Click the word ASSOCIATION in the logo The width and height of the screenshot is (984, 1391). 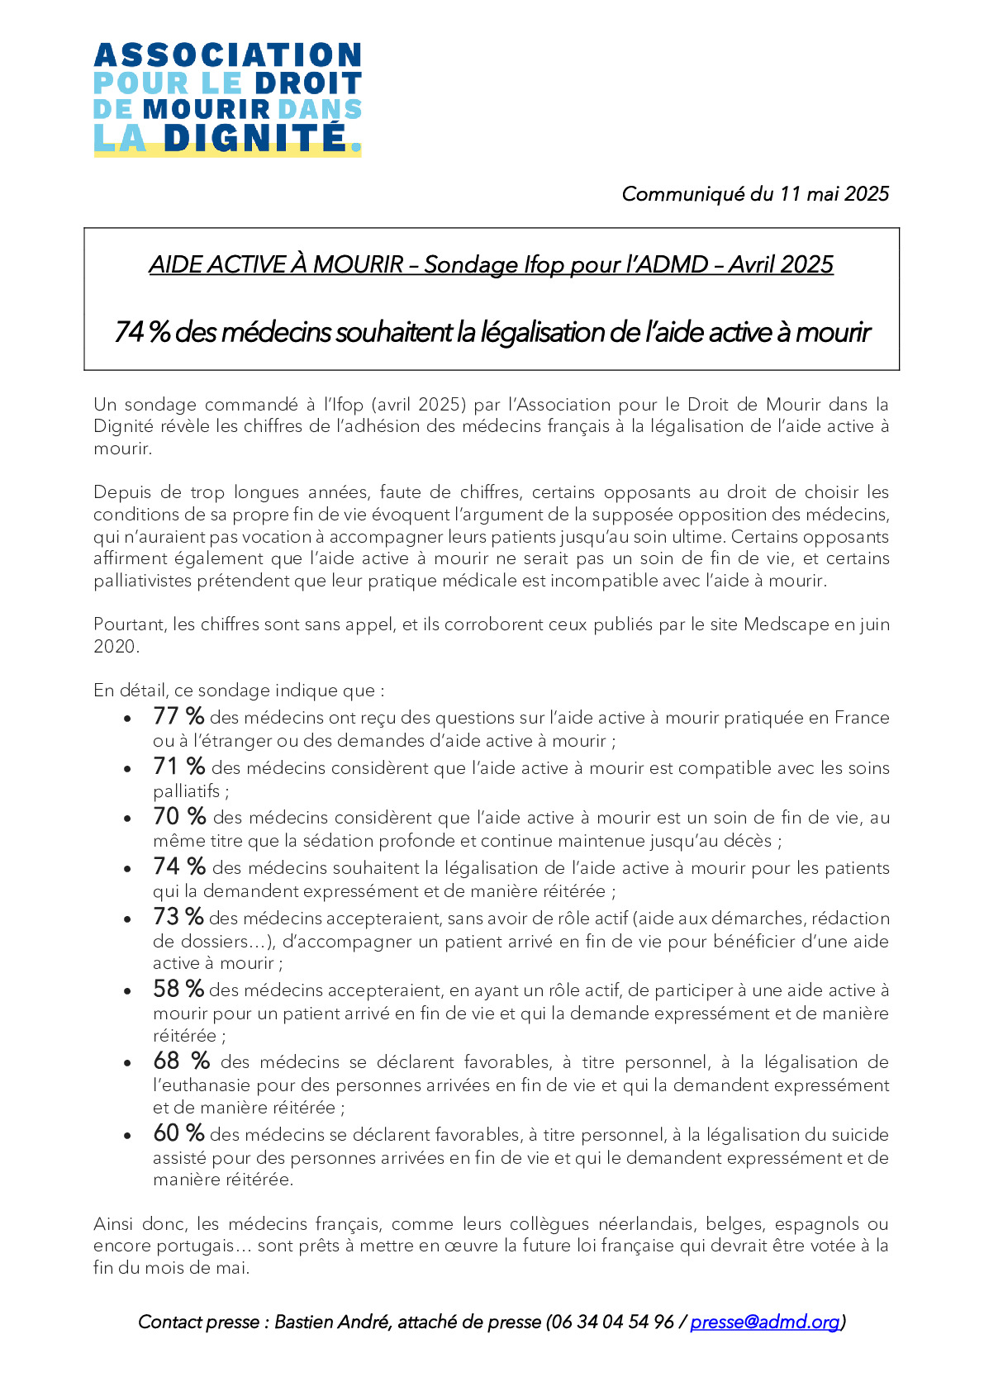[x=227, y=55]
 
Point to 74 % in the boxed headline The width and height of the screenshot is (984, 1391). [x=142, y=332]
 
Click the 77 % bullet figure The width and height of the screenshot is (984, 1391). [x=178, y=716]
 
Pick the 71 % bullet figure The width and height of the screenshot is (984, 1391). [x=178, y=767]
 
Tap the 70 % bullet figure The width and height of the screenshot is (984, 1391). [x=179, y=816]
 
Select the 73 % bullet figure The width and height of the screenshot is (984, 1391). [x=178, y=917]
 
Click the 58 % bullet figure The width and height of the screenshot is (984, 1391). [x=178, y=989]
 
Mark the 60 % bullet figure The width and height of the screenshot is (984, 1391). [x=178, y=1133]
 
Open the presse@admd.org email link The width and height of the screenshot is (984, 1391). [x=765, y=1322]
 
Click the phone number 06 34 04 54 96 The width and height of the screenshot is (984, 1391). [x=612, y=1322]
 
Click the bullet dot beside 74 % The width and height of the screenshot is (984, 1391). [x=127, y=869]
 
